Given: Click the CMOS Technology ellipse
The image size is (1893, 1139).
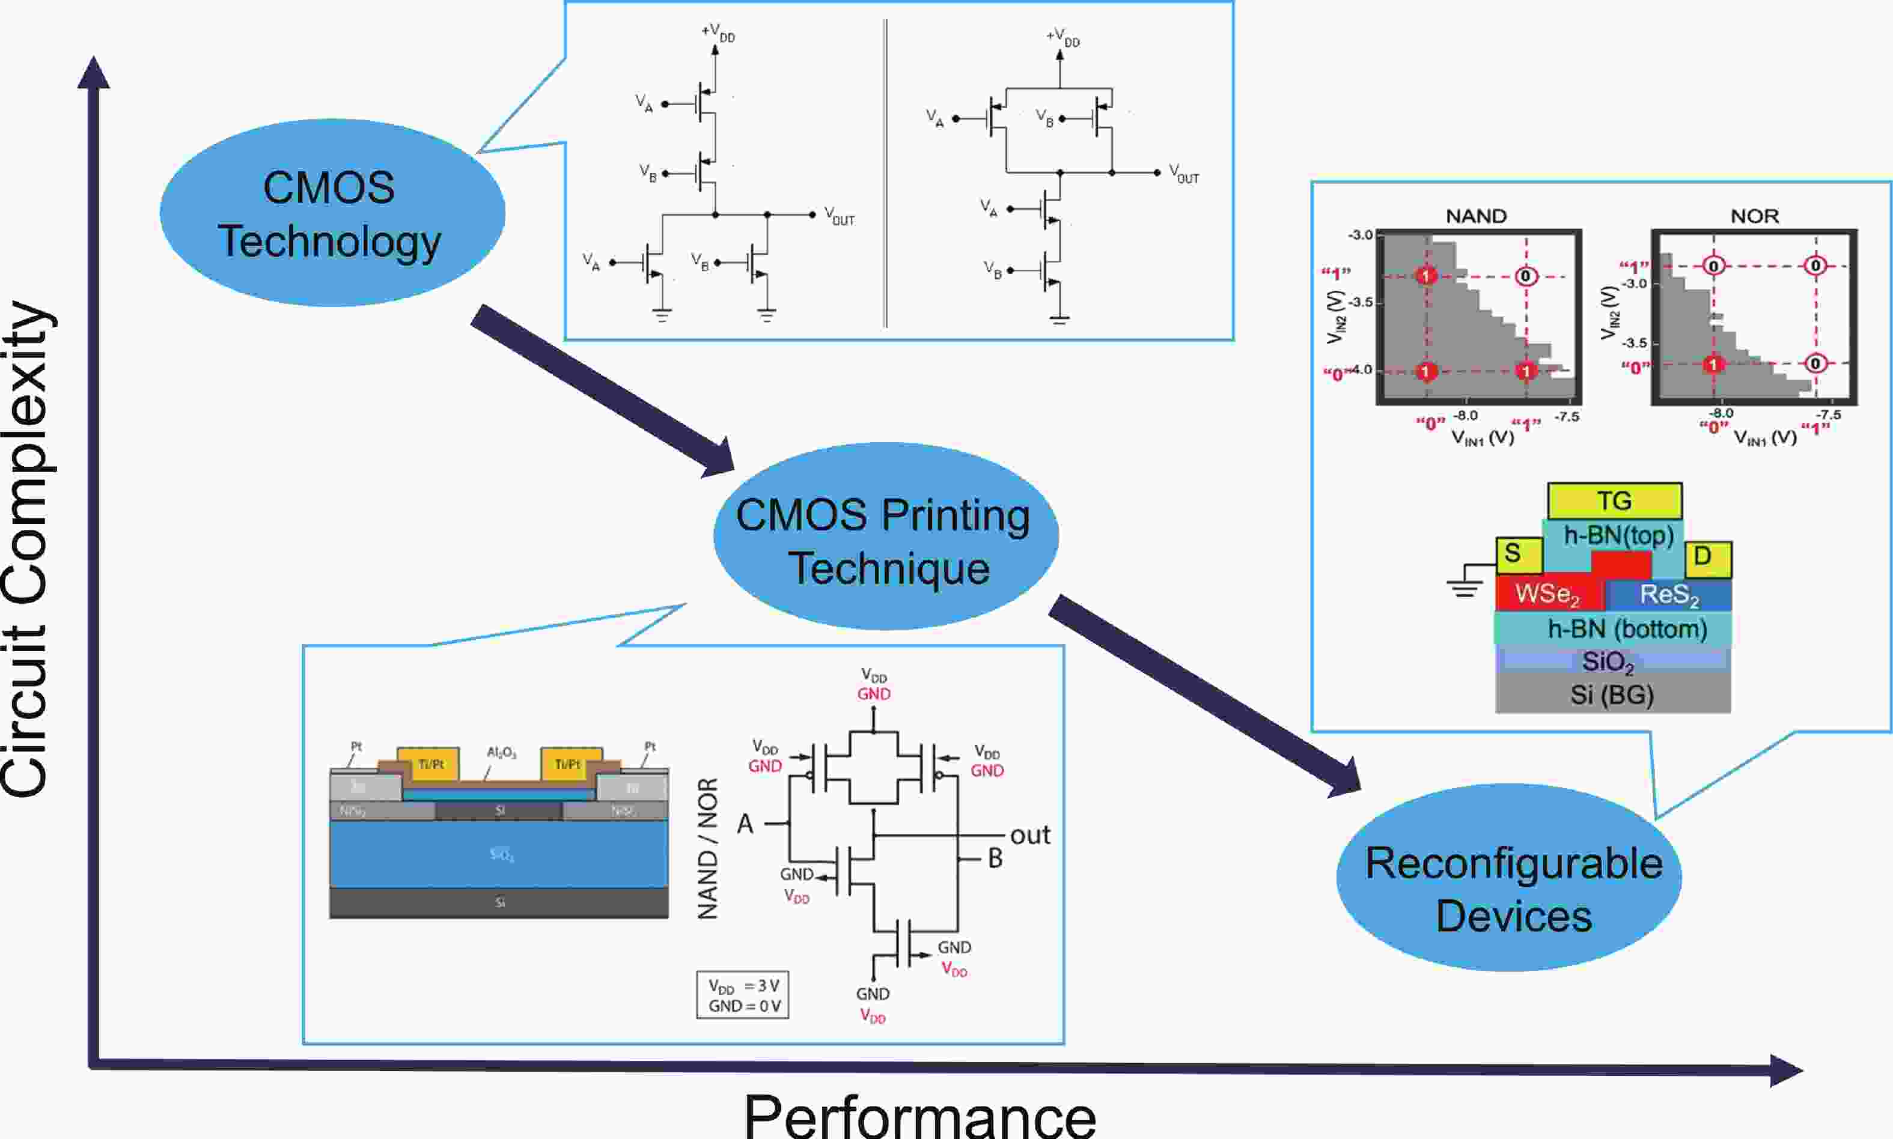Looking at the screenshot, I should tap(332, 213).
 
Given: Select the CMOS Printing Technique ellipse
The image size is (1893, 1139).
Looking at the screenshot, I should tap(885, 537).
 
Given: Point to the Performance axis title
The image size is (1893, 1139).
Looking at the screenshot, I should tap(919, 1115).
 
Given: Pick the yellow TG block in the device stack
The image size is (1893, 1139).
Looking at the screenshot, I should tap(1614, 500).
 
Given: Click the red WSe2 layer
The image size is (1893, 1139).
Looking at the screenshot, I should tap(1547, 594).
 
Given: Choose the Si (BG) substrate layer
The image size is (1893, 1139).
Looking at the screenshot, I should tap(1612, 694).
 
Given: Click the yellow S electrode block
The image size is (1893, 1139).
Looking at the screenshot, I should tap(1519, 554).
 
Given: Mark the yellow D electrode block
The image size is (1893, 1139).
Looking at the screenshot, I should tap(1709, 557).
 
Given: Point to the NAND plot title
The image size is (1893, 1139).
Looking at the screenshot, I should tap(1475, 216).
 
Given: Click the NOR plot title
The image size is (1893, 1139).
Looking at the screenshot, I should tap(1754, 216).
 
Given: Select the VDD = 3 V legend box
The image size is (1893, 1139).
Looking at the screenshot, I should tap(742, 995).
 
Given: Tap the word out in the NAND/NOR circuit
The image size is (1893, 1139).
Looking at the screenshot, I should tap(1029, 835).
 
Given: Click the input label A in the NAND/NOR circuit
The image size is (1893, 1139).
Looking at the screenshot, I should tap(745, 824).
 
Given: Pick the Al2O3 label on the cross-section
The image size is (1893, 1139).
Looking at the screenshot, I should tap(501, 753).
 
